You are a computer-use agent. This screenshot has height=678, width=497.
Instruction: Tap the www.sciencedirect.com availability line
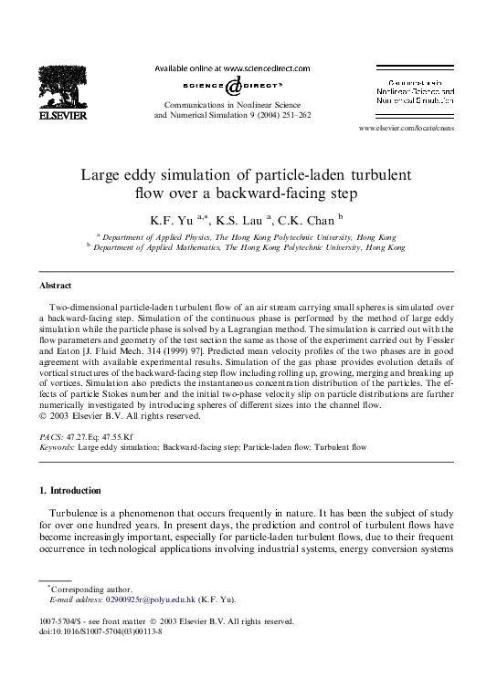coord(232,68)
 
